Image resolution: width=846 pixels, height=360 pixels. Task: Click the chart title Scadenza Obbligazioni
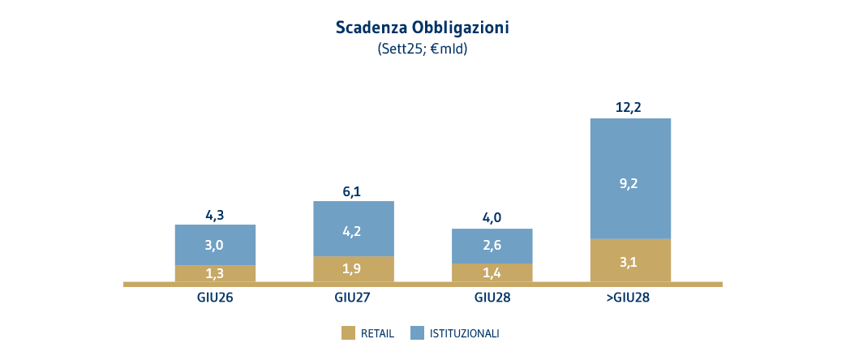[422, 27]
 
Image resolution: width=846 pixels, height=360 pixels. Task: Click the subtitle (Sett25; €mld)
[422, 49]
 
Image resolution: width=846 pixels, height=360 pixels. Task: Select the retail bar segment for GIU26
[215, 274]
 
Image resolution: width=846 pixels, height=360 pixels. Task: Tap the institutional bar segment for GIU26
[215, 245]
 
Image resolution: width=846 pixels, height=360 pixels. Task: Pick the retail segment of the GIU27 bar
[353, 269]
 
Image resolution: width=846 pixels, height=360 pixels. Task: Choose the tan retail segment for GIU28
[492, 273]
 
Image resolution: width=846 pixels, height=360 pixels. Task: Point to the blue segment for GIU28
[492, 246]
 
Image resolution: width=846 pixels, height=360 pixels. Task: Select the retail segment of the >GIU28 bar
[631, 261]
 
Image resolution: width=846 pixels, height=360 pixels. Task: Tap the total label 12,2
[630, 106]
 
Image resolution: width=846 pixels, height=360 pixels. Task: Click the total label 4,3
[215, 216]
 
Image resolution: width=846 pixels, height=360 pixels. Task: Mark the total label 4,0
[492, 219]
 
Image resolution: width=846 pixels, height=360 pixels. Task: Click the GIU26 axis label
[215, 298]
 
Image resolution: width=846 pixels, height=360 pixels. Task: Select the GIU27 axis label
[353, 298]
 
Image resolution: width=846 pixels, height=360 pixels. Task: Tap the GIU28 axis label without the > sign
[492, 298]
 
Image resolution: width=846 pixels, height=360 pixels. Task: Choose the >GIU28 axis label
[629, 298]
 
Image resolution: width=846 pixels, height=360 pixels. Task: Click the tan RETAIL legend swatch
[349, 332]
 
